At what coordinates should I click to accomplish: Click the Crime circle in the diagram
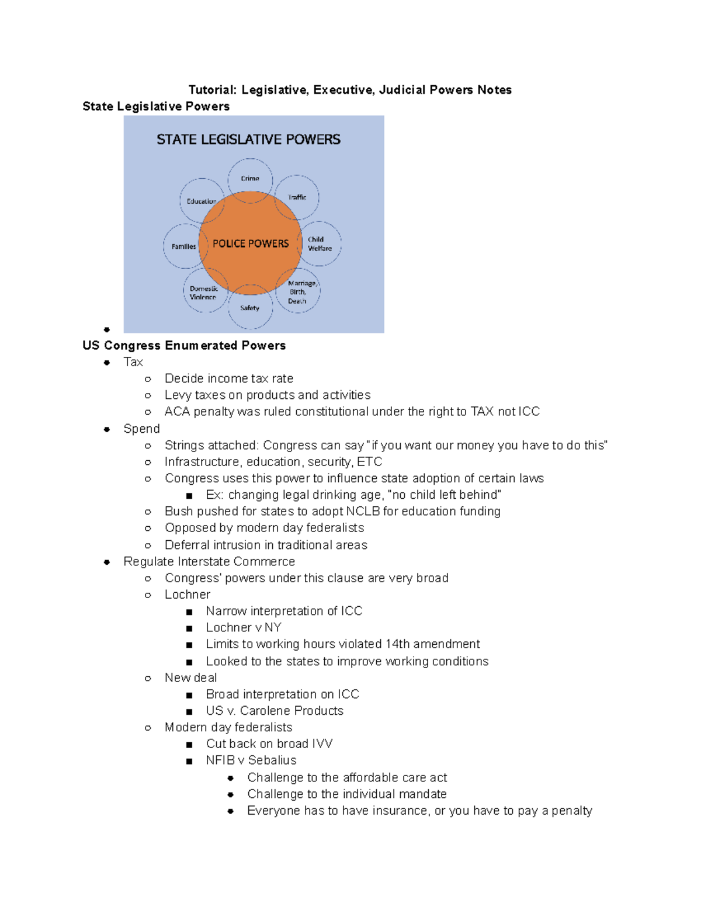tap(250, 179)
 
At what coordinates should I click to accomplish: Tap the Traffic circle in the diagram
tap(297, 197)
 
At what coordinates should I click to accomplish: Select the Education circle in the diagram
tap(202, 201)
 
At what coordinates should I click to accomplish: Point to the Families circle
tap(183, 246)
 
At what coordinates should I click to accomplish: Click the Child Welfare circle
tap(320, 244)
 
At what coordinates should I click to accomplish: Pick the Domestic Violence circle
tap(203, 293)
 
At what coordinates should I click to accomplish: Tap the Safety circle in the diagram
tap(249, 308)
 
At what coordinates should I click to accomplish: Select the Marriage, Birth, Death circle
tap(299, 292)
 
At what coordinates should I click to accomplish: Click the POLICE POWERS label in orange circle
tap(251, 244)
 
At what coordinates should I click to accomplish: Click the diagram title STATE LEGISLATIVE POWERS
tap(248, 140)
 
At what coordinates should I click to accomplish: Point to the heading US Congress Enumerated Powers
tap(184, 345)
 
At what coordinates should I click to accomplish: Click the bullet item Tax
tap(133, 362)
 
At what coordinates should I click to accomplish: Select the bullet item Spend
tap(141, 429)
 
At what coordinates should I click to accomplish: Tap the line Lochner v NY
tap(244, 627)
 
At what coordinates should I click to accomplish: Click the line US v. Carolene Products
tap(275, 711)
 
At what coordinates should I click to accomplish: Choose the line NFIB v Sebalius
tap(251, 760)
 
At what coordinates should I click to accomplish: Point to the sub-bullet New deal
tap(190, 677)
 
